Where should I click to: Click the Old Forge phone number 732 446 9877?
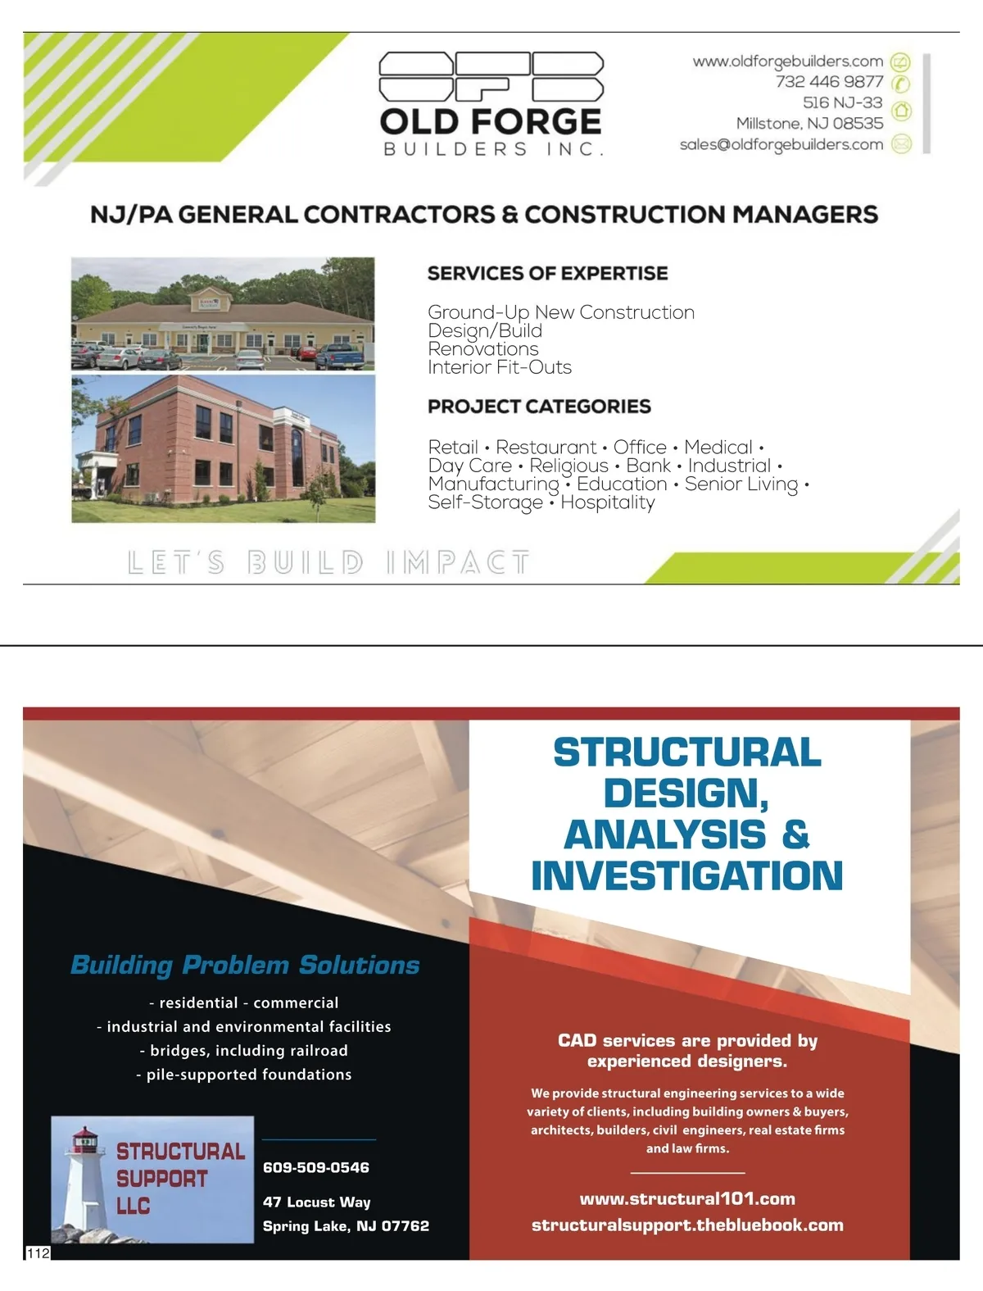tap(829, 82)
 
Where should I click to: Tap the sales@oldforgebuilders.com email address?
tap(781, 145)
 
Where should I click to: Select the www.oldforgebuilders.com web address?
tap(787, 61)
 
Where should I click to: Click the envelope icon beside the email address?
tap(901, 144)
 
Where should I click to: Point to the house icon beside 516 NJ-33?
tap(901, 110)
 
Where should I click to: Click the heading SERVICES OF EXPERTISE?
tap(547, 274)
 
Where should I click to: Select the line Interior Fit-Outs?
tap(499, 367)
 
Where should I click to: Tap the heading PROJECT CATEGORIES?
tap(539, 407)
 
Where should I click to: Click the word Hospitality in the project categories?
tap(607, 502)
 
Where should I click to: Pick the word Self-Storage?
tap(485, 502)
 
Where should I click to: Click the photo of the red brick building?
tap(223, 448)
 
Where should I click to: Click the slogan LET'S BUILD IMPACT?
tap(328, 562)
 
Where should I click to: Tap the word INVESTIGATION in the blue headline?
tap(686, 875)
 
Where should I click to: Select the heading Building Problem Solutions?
tap(245, 965)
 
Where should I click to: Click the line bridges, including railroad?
tap(244, 1051)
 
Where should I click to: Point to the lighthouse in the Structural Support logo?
tap(82, 1180)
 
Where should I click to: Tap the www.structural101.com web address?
tap(687, 1199)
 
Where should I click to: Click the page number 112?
tap(39, 1253)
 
